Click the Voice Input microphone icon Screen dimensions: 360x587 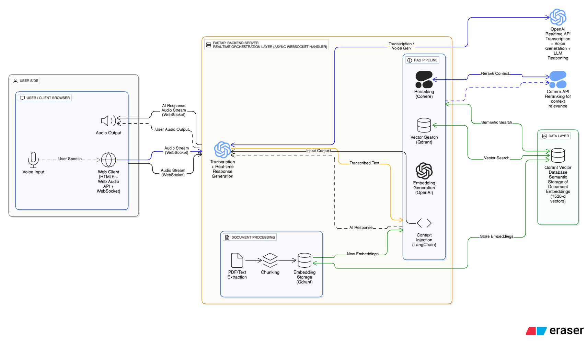click(33, 160)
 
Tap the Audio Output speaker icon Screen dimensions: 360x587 click(108, 121)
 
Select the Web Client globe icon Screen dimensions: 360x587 click(108, 160)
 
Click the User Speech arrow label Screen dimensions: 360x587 click(70, 159)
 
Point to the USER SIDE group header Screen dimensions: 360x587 click(26, 81)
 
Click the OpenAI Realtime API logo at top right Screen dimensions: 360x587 click(558, 17)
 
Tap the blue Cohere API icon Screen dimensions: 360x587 click(558, 80)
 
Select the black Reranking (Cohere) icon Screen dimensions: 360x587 click(424, 80)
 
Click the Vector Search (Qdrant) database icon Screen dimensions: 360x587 click(424, 125)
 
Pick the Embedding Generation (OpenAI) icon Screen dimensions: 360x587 click(424, 171)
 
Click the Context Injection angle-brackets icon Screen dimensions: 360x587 click(424, 223)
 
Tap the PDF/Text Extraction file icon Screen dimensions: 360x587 click(237, 260)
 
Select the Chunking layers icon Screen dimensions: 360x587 click(270, 260)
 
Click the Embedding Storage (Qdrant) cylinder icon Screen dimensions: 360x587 click(304, 260)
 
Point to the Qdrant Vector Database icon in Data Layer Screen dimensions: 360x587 click(558, 155)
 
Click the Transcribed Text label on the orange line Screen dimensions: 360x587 click(364, 163)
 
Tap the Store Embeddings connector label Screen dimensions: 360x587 click(496, 236)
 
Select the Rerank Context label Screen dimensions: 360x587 click(495, 73)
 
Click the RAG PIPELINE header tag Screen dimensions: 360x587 click(423, 60)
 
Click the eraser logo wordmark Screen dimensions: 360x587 click(566, 330)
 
